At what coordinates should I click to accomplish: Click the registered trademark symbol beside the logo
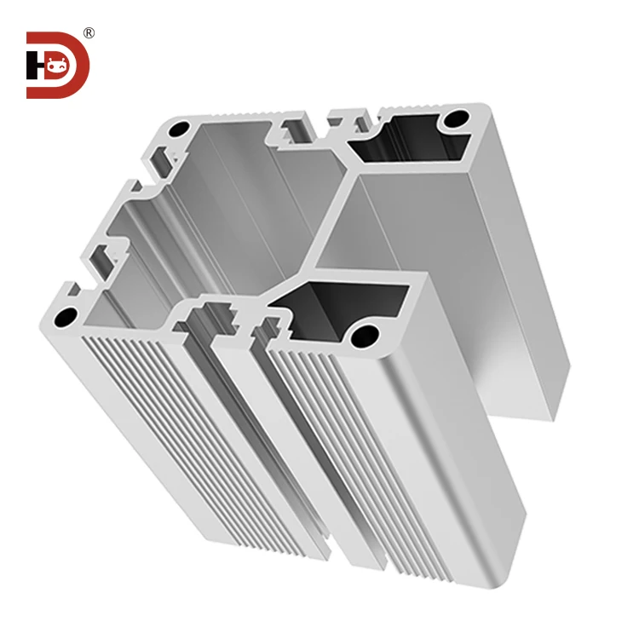[89, 33]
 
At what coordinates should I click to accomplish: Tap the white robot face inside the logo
[57, 65]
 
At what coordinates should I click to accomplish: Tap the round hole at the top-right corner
[459, 118]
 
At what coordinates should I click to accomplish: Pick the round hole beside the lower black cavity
[366, 333]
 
